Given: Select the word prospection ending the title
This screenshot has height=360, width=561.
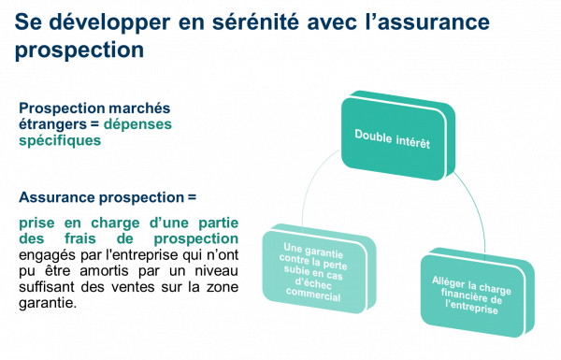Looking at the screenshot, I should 79,48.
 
